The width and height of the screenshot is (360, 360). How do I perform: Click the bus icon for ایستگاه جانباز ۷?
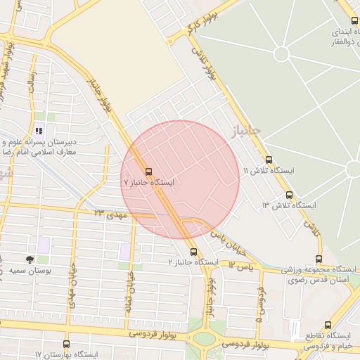pos(148,171)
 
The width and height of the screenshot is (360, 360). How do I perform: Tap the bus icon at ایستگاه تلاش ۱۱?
pos(269,160)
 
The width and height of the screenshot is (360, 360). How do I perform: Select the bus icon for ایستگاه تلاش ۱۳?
pos(289,195)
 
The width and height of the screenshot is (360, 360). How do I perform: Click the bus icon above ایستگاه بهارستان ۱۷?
pos(66,345)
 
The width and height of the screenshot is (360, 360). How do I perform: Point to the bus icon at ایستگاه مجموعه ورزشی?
pos(319,259)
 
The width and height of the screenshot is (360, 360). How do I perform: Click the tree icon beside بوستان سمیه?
pos(30,259)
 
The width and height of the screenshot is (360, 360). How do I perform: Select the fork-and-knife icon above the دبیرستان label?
pos(39,130)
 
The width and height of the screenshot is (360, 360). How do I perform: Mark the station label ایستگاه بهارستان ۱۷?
pos(67,356)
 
